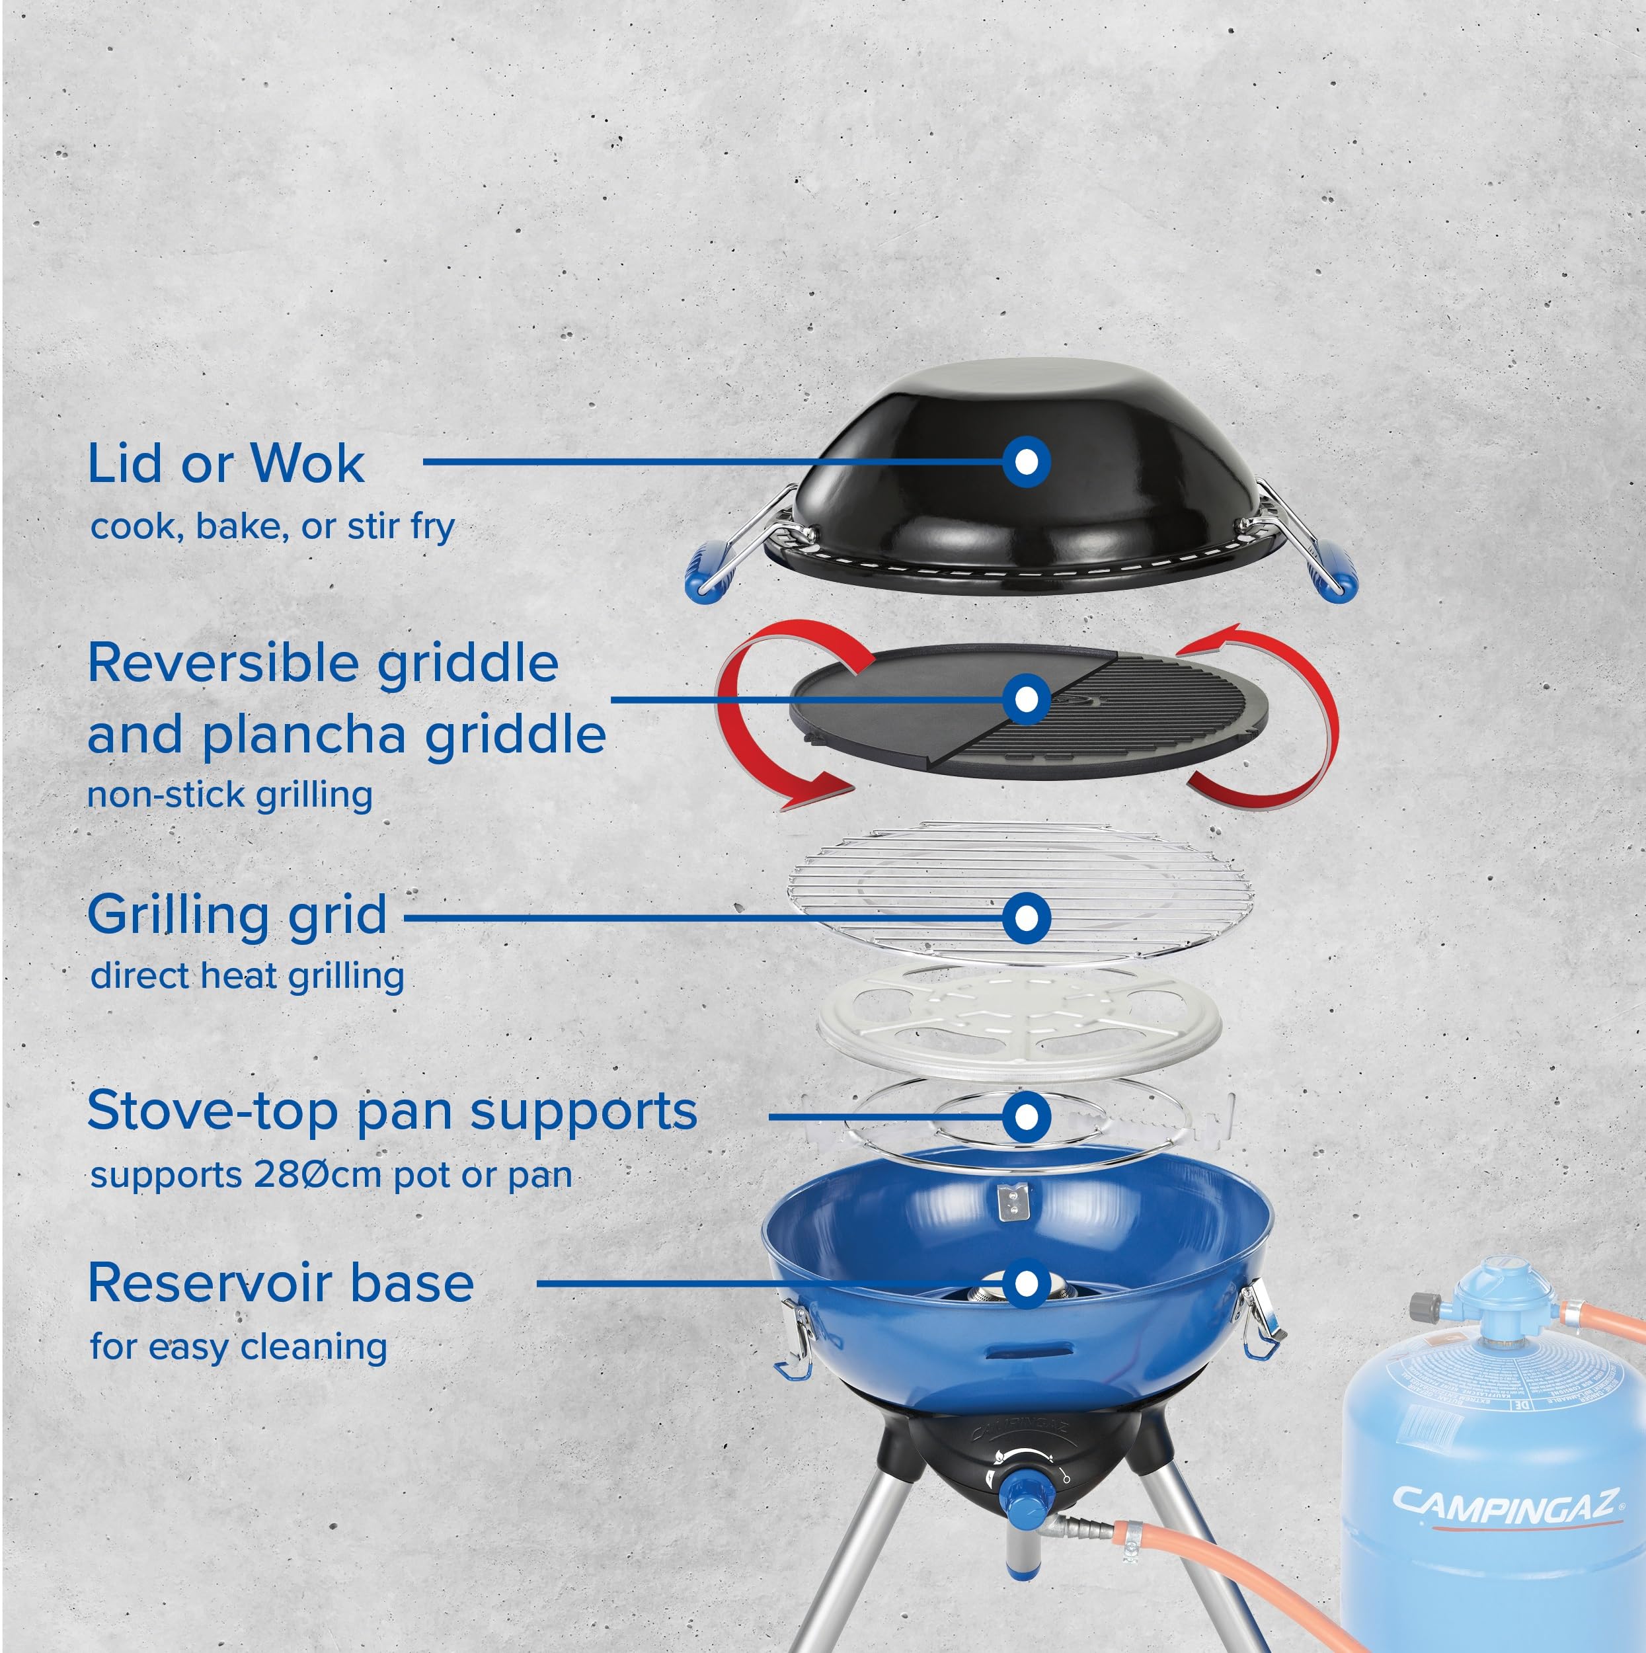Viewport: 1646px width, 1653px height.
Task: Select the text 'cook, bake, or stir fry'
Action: (x=272, y=526)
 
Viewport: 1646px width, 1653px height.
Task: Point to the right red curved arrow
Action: (x=1292, y=719)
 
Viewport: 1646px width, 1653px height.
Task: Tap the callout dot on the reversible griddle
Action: (x=1026, y=699)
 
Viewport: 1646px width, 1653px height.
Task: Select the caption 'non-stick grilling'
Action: (x=229, y=795)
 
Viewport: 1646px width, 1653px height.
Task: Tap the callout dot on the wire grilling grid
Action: (x=1026, y=918)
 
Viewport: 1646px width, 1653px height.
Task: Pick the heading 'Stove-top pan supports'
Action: (x=392, y=1111)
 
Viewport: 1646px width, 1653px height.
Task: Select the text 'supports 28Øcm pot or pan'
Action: (x=331, y=1175)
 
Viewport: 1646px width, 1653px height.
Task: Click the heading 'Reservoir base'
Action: (x=280, y=1283)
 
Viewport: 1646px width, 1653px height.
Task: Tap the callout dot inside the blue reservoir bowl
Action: (x=1026, y=1283)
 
